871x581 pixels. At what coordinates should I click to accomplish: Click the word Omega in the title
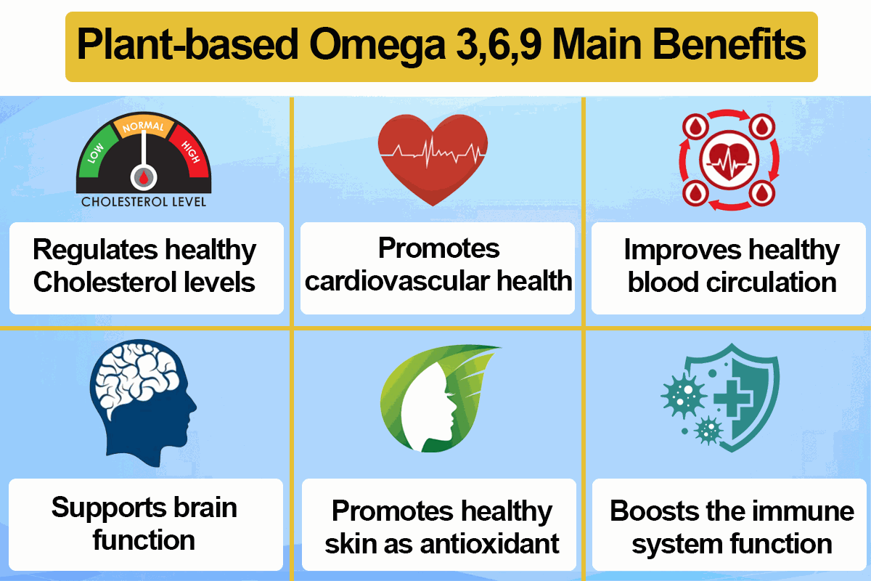pos(377,46)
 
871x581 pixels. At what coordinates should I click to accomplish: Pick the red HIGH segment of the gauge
pos(189,151)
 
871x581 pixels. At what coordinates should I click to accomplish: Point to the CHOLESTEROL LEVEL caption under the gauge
pos(144,202)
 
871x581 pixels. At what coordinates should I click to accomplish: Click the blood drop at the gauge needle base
pos(144,177)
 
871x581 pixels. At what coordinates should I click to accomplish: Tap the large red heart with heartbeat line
pos(433,159)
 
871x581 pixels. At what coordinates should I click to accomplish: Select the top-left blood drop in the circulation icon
pos(695,127)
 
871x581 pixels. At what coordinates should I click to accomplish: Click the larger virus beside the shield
pos(684,395)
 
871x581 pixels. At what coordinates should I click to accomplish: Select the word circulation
pos(772,282)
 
